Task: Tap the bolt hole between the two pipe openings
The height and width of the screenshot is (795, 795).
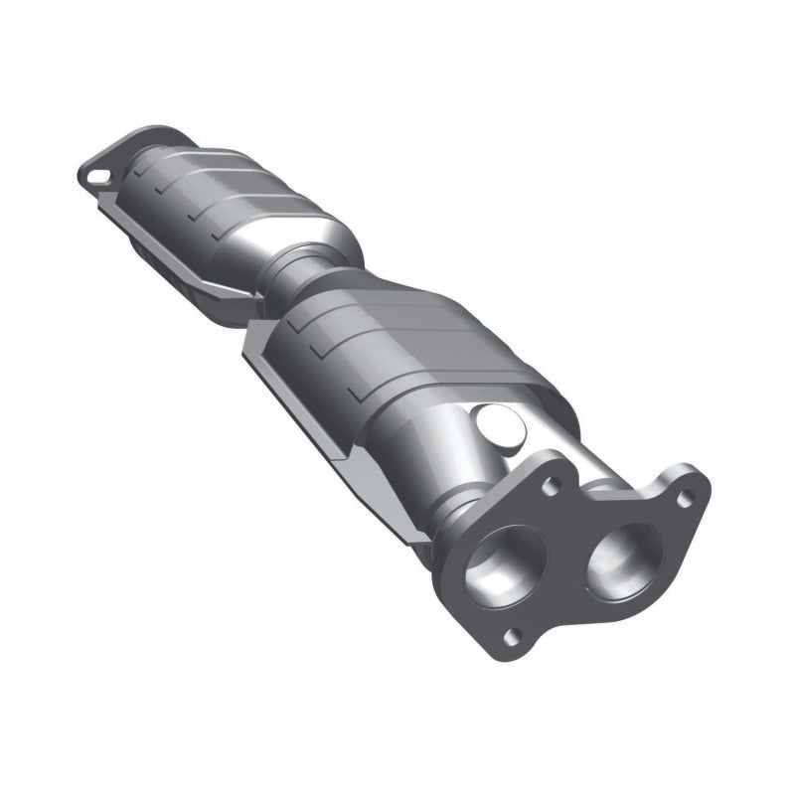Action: coord(550,485)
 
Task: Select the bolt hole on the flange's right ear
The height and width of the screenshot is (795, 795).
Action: coord(683,500)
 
